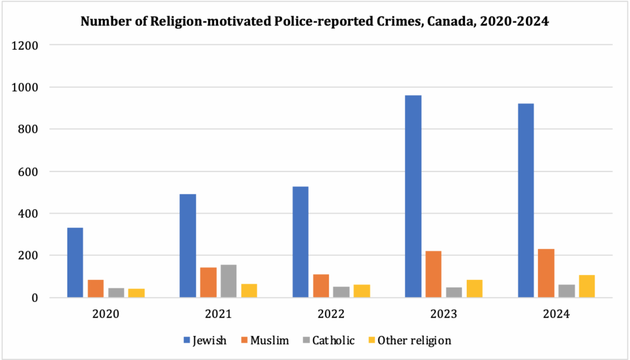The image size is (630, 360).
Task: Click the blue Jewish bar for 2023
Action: (413, 196)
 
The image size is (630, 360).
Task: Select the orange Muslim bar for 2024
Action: (547, 273)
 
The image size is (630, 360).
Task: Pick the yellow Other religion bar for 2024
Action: (587, 286)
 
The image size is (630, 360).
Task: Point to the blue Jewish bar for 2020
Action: (75, 262)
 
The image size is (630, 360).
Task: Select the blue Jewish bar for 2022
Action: (301, 242)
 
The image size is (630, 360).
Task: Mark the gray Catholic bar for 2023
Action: (454, 292)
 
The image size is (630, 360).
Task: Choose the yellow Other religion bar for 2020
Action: (136, 293)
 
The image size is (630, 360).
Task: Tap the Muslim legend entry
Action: (265, 340)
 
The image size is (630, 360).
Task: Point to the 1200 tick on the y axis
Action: (28, 45)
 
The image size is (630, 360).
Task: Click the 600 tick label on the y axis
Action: (30, 171)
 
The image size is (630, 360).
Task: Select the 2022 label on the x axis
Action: (331, 313)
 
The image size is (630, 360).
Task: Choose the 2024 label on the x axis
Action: (556, 313)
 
